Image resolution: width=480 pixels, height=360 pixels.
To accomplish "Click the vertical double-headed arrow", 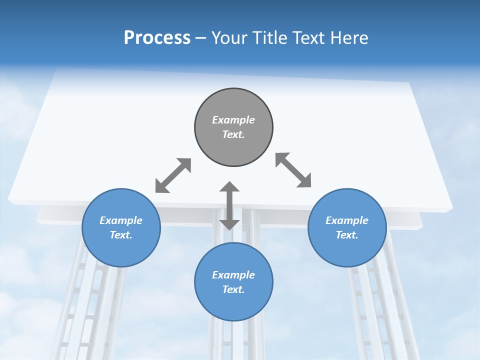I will point(229,206).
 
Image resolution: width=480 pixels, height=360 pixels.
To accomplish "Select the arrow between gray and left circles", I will point(173,175).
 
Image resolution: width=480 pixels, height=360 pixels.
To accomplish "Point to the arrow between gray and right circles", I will point(293,170).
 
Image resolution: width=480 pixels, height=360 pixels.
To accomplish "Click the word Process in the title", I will point(157,38).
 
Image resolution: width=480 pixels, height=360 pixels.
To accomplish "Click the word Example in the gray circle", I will point(233,120).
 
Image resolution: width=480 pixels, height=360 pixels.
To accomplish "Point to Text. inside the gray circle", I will point(233,134).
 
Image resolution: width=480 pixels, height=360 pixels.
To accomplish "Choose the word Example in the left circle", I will point(121,220).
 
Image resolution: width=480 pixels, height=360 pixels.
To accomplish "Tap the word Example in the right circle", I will point(347,220).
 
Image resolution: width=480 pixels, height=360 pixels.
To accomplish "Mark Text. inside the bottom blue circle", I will point(233,289).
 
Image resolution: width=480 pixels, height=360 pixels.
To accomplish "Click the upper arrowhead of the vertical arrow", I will point(229,187).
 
